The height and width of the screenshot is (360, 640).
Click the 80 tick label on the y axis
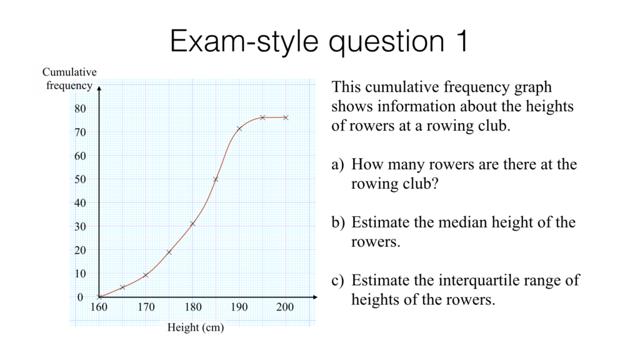click(x=80, y=109)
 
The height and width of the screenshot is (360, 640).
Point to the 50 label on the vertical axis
click(x=80, y=179)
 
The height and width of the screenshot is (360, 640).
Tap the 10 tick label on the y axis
click(x=80, y=274)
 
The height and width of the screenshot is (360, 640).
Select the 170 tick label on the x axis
click(x=146, y=307)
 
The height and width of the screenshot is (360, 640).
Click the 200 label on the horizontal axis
click(x=285, y=307)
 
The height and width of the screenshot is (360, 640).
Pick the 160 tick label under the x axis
click(x=99, y=307)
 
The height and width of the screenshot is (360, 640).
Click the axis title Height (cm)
click(x=196, y=327)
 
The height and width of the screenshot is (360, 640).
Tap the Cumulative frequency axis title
click(x=69, y=79)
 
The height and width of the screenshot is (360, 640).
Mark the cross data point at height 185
click(x=216, y=179)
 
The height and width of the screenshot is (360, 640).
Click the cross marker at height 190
click(x=239, y=129)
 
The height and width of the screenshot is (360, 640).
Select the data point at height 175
click(x=169, y=252)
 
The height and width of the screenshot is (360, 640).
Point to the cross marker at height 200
click(x=286, y=117)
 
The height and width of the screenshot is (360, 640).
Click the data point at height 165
click(x=122, y=287)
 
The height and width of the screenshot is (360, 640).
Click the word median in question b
click(x=456, y=222)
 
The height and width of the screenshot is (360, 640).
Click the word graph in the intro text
click(x=532, y=87)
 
